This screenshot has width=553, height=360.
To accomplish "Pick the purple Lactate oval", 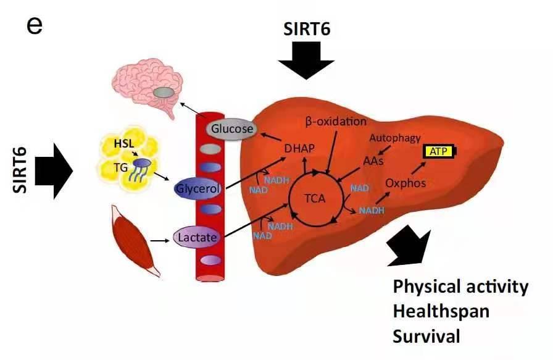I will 197,237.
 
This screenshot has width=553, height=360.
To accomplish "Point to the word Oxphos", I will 405,183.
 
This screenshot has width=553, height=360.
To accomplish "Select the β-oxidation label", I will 336,122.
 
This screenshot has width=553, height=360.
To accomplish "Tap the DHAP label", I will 299,148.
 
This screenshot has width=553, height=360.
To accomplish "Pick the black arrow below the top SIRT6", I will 306,62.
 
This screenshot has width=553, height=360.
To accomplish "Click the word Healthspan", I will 441,311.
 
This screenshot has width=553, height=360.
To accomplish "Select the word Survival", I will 426,337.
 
